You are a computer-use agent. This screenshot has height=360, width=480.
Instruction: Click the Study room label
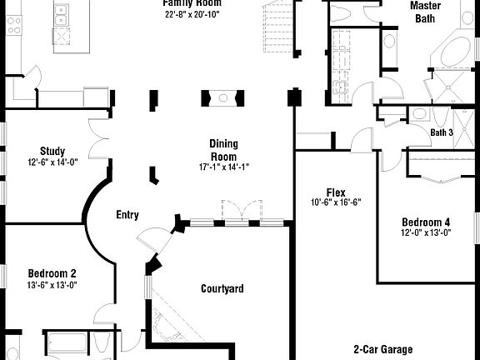click(x=52, y=152)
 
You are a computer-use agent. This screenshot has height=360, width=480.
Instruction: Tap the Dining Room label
click(x=223, y=150)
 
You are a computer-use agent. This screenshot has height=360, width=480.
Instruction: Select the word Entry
click(x=127, y=215)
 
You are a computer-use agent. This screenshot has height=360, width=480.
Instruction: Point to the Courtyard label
click(x=222, y=289)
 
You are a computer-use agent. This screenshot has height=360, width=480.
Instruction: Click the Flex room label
click(x=336, y=192)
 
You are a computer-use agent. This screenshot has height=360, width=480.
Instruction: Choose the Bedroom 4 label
click(x=425, y=222)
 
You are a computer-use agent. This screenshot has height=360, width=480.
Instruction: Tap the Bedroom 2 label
click(x=52, y=273)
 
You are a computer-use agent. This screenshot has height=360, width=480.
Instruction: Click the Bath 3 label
click(x=442, y=132)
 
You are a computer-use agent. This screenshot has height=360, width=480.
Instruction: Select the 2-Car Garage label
click(x=382, y=350)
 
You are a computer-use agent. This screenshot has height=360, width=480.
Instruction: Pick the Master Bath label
click(x=425, y=11)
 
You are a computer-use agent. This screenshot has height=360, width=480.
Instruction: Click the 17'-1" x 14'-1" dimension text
click(x=223, y=167)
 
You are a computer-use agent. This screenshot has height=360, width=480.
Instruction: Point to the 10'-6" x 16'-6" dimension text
click(x=336, y=202)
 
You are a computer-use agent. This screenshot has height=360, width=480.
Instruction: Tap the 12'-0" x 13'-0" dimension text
click(x=425, y=233)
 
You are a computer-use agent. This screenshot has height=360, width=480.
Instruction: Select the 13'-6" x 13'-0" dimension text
click(x=52, y=285)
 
